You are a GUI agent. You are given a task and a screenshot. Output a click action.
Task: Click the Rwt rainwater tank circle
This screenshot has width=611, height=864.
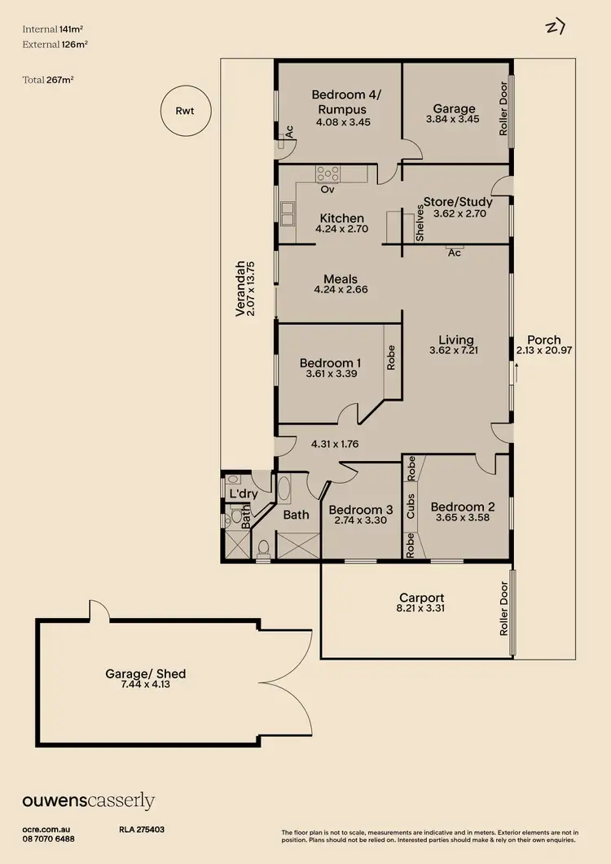point(186,111)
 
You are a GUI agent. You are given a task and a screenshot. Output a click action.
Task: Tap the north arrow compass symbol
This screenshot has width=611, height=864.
point(556,27)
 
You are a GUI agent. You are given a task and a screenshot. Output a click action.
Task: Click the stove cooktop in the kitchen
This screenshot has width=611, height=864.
point(328,173)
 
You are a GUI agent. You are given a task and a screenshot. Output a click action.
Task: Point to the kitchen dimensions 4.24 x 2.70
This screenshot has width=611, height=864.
point(341,229)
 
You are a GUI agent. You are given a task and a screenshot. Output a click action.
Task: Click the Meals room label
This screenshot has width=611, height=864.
point(341,278)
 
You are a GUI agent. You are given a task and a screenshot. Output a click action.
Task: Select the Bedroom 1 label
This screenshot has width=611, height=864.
point(330,363)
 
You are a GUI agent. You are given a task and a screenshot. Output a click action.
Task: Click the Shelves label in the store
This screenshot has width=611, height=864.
point(420,221)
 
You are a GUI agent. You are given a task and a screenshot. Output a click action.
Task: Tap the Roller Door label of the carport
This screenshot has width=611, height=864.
point(504,610)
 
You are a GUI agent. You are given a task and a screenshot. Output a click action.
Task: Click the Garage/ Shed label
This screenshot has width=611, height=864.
point(146,673)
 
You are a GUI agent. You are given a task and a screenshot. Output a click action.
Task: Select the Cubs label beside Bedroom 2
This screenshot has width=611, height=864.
point(411,506)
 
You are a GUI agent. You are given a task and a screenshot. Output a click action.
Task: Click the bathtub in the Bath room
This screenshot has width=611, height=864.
point(284,489)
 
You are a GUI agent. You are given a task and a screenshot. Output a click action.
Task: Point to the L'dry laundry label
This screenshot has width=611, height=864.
point(244,493)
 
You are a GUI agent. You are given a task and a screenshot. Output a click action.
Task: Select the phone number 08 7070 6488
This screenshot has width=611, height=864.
point(48,838)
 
